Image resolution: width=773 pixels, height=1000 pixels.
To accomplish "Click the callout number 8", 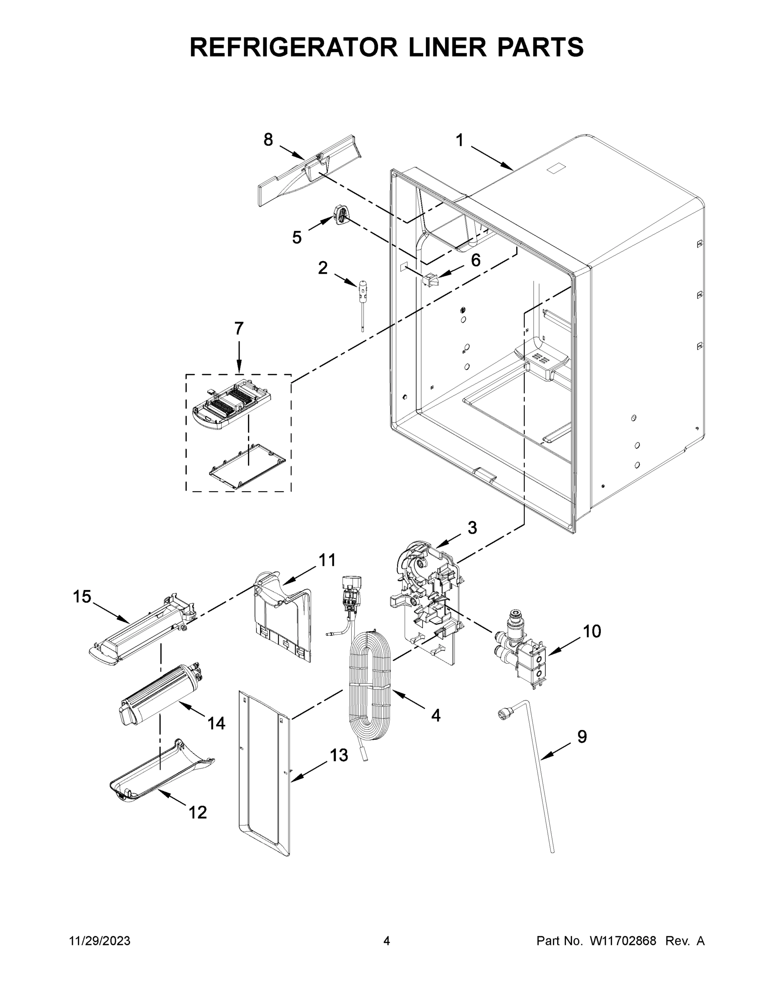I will [x=268, y=140].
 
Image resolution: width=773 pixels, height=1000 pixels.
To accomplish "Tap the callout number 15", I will [x=82, y=597].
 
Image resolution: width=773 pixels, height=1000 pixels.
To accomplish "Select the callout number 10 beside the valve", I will [x=592, y=631].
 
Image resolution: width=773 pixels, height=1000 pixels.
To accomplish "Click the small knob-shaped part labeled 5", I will [x=341, y=214].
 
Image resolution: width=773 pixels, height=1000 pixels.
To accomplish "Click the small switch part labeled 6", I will [x=431, y=279].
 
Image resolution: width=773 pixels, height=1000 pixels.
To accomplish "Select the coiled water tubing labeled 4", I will [x=370, y=687].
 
